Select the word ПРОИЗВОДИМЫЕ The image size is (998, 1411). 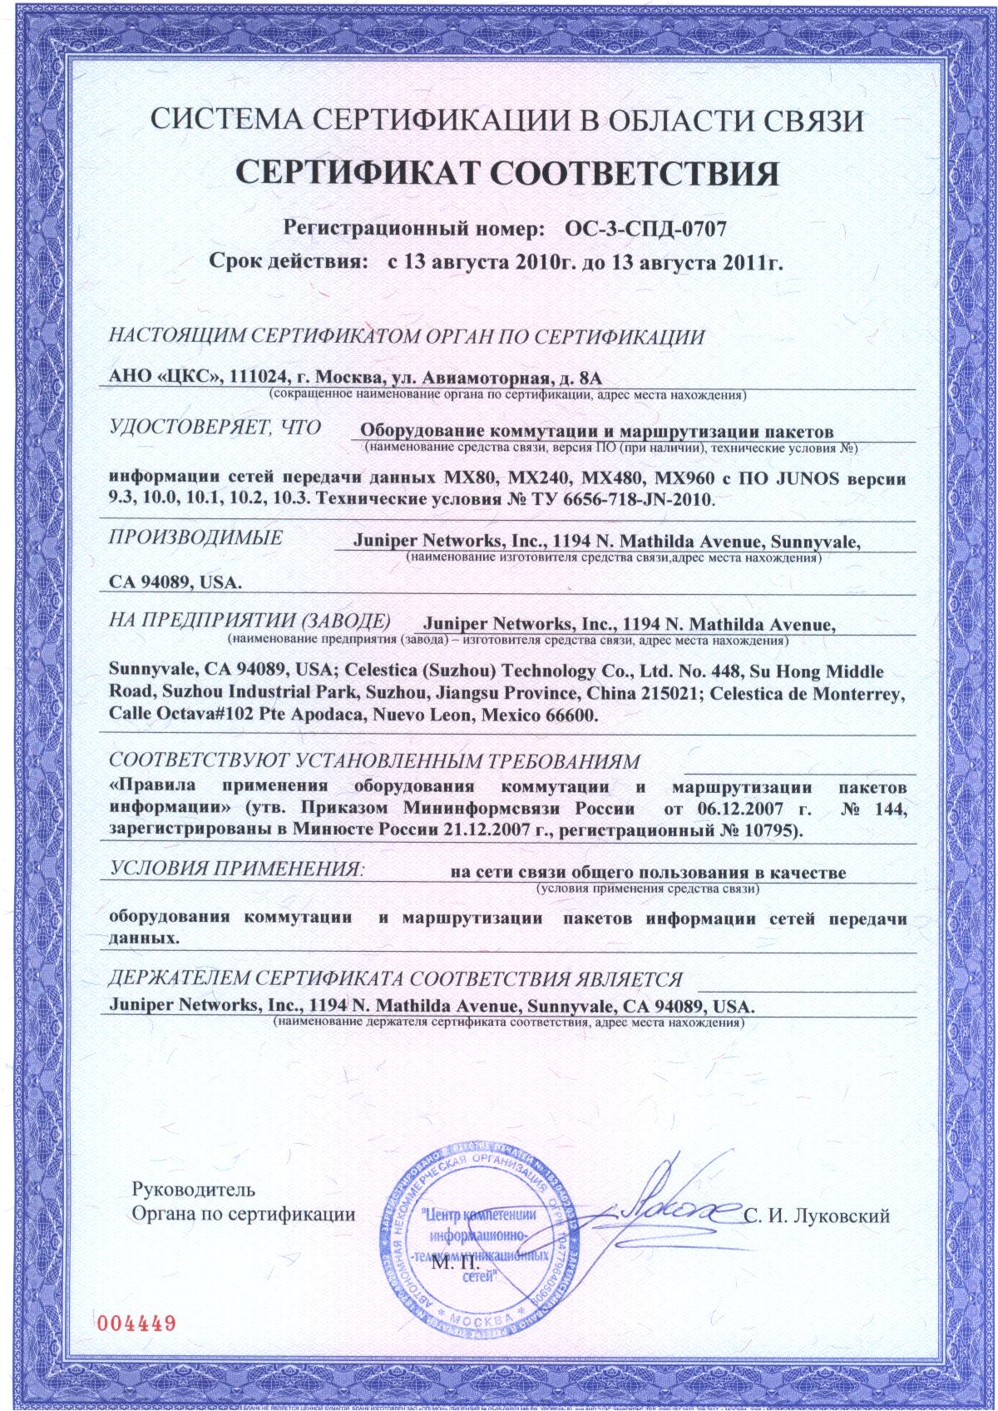(195, 537)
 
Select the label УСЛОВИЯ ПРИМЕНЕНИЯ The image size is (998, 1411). (237, 870)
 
